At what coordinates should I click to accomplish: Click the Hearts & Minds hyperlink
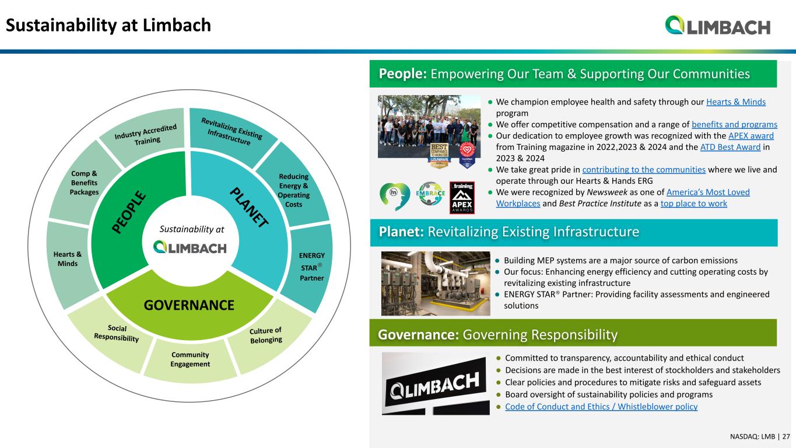coord(735,102)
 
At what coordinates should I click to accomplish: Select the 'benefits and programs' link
coord(734,124)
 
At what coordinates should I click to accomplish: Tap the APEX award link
coord(751,136)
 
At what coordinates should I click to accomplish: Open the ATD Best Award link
coord(730,147)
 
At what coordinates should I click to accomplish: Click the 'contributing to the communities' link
coord(644,170)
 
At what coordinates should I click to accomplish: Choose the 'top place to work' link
coord(694,204)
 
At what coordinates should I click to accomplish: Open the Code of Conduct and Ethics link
coord(601,407)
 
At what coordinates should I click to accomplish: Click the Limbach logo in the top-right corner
coord(717,25)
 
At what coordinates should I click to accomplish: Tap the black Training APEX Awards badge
coord(462,198)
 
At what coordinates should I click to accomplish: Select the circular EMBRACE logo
coord(430,194)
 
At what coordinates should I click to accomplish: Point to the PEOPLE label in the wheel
coord(129,212)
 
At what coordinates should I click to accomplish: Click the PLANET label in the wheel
coord(249,207)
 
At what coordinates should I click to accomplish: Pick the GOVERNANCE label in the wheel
coord(189,305)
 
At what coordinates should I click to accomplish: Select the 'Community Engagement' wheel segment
coord(190,360)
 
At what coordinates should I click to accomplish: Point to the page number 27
coord(786,436)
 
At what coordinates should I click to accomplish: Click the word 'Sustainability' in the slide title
coord(61,26)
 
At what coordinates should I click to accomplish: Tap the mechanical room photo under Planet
coord(436,283)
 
